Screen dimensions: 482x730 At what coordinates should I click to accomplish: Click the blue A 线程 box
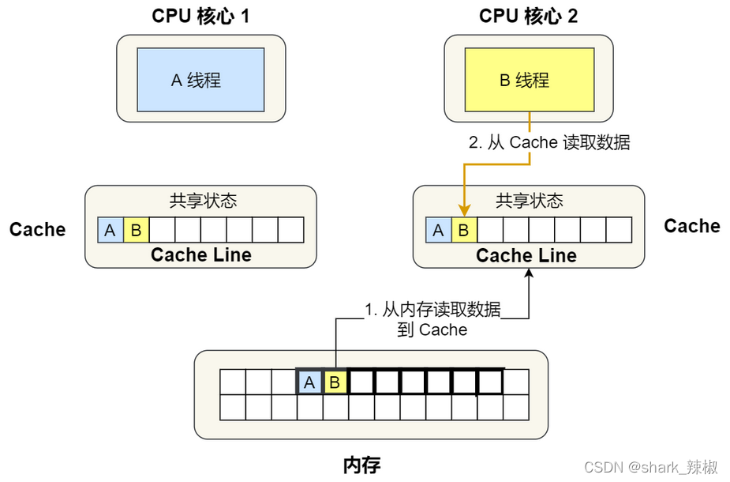(x=200, y=79)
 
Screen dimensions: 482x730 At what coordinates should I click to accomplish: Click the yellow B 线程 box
(x=529, y=80)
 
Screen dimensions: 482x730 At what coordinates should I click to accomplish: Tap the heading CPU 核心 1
(x=200, y=16)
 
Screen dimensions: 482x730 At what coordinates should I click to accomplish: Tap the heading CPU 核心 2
(x=528, y=16)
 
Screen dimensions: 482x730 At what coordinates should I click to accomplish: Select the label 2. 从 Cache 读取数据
(x=549, y=143)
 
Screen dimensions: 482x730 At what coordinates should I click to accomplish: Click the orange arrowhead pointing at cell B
(x=464, y=211)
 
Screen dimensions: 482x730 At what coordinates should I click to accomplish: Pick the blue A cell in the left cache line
(x=110, y=230)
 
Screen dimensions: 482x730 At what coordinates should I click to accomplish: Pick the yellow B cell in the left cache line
(x=136, y=230)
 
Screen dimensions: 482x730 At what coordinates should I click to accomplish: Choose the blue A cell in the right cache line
(x=439, y=230)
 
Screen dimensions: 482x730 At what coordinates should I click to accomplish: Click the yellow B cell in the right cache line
(x=464, y=230)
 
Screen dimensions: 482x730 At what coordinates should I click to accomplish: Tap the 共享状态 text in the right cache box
(x=529, y=201)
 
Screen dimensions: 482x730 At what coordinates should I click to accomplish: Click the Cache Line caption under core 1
(x=200, y=254)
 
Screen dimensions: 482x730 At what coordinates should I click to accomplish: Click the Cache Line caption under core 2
(x=526, y=255)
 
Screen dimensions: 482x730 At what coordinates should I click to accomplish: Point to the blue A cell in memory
(x=309, y=382)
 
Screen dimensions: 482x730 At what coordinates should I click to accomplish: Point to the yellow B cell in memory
(x=335, y=382)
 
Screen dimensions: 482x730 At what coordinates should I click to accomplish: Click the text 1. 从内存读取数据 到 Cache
(x=432, y=319)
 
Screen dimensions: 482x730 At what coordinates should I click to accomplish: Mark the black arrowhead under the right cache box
(x=530, y=273)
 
